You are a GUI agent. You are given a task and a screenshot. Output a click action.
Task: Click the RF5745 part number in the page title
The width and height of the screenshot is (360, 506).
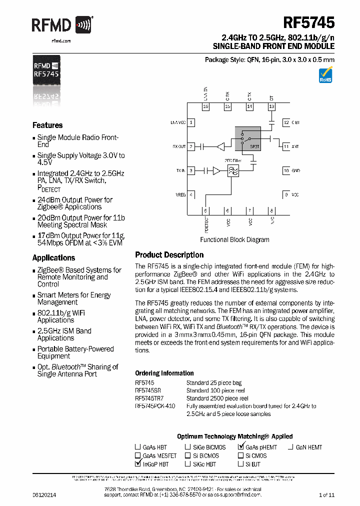309,23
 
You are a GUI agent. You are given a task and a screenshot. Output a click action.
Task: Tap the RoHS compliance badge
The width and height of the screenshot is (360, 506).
325,75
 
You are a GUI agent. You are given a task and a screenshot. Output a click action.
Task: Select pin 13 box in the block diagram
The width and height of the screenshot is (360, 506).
271,106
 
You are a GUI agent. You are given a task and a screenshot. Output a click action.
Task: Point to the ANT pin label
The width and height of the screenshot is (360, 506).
295,146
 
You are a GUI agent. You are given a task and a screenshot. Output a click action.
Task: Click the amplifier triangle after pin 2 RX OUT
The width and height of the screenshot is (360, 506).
220,146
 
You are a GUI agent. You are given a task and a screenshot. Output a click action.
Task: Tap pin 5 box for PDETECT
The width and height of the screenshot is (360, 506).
205,210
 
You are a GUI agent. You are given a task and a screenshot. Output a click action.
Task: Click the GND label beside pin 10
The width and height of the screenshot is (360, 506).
295,170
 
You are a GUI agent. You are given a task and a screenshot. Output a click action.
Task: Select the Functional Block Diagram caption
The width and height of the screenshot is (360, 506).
234,239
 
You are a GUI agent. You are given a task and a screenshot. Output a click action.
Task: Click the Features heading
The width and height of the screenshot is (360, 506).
47,125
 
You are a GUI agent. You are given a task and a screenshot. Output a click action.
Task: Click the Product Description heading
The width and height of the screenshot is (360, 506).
169,255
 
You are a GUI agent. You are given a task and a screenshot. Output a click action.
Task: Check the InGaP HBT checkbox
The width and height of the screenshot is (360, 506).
138,463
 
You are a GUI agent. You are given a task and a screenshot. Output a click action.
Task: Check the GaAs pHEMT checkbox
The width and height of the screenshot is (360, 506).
241,446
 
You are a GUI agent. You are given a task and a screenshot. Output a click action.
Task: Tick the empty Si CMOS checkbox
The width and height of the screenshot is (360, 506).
241,455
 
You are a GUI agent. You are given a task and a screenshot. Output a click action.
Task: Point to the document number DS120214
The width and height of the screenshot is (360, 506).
44,494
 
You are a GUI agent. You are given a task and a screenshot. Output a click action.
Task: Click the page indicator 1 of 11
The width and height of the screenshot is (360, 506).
326,494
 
